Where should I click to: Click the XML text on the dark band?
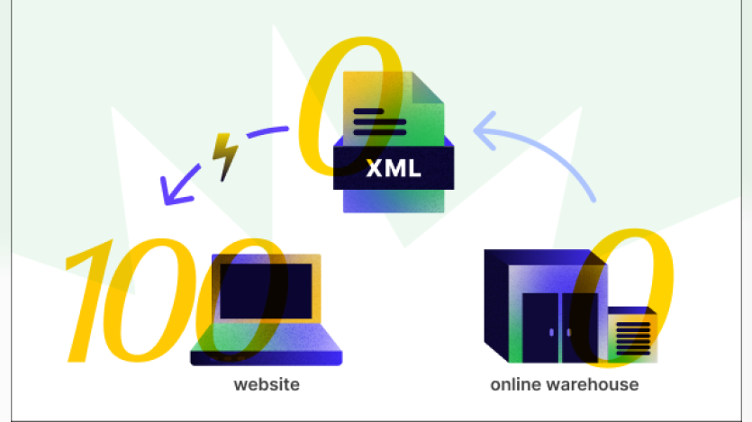pos(394,168)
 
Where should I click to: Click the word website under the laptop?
pos(266,385)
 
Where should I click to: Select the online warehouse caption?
pos(565,385)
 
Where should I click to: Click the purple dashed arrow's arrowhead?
pos(168,189)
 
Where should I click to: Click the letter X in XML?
pos(374,168)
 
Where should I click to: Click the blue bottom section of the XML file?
pos(394,200)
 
